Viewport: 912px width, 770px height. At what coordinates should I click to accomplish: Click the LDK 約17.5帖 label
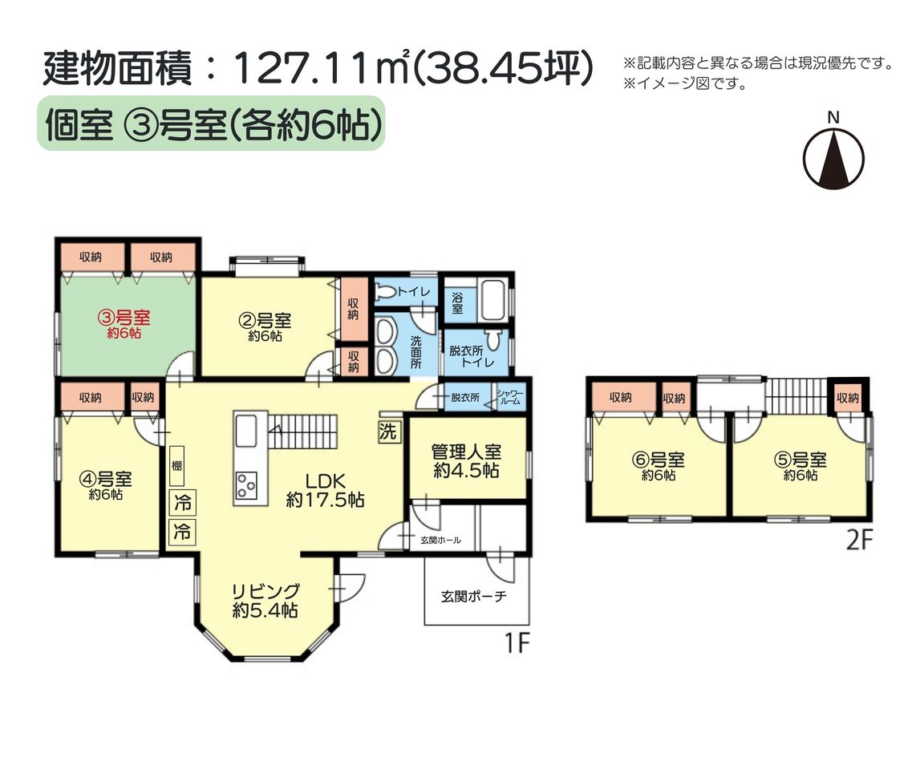coord(325,490)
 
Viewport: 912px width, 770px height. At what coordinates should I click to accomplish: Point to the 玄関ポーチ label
coord(473,596)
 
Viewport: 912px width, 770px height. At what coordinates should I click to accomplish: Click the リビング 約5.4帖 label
coord(265,600)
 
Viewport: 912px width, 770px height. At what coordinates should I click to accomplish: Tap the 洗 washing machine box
coord(388,432)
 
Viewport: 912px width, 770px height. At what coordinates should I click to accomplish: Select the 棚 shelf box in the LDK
coord(176,466)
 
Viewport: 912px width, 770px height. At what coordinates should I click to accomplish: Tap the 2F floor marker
coord(859,541)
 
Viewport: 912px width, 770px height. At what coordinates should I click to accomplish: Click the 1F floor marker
coord(517,642)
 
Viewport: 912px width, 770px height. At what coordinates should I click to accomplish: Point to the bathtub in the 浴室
coord(492,299)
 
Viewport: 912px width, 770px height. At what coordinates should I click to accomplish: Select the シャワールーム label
coord(509,397)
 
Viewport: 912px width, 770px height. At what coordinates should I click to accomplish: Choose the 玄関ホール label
coord(440,541)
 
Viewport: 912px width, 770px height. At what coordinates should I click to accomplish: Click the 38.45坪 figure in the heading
coord(504,68)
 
